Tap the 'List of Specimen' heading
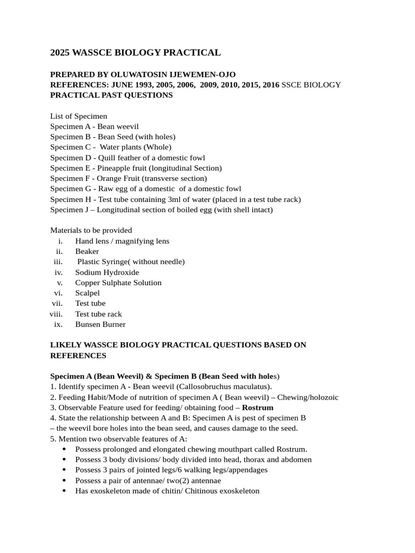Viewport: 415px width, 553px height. tap(78, 116)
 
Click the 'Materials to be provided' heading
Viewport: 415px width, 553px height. tap(91, 231)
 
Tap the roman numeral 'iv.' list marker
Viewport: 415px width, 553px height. tap(59, 272)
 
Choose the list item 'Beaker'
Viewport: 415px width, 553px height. tap(87, 251)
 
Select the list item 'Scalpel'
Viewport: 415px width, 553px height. tap(88, 293)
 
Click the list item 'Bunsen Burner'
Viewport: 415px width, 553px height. tap(101, 324)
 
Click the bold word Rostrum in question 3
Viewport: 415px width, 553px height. tap(258, 407)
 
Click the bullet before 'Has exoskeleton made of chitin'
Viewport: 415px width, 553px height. tap(64, 491)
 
